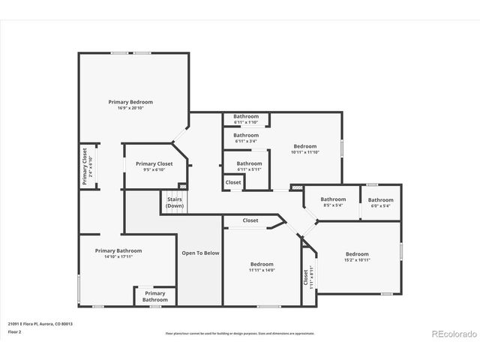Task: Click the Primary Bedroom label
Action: click(x=130, y=102)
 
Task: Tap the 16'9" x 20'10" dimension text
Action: click(x=130, y=108)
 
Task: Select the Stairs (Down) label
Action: click(x=174, y=202)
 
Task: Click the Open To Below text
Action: click(x=200, y=253)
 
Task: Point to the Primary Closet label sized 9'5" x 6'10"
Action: click(x=154, y=163)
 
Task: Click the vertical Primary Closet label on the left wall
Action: click(x=85, y=166)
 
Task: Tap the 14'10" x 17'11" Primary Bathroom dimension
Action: click(x=118, y=256)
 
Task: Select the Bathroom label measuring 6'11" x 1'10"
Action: click(x=245, y=116)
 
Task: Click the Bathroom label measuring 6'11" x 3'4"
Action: click(x=245, y=135)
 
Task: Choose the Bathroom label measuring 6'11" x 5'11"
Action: click(x=249, y=163)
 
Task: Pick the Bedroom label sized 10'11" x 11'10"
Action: click(x=304, y=146)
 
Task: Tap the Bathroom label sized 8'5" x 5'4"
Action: click(x=332, y=199)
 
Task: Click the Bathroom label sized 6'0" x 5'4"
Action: click(x=380, y=199)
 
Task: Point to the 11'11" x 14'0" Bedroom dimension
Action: click(x=262, y=270)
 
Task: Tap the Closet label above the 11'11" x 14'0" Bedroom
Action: click(x=250, y=220)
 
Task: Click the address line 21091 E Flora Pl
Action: click(x=40, y=323)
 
